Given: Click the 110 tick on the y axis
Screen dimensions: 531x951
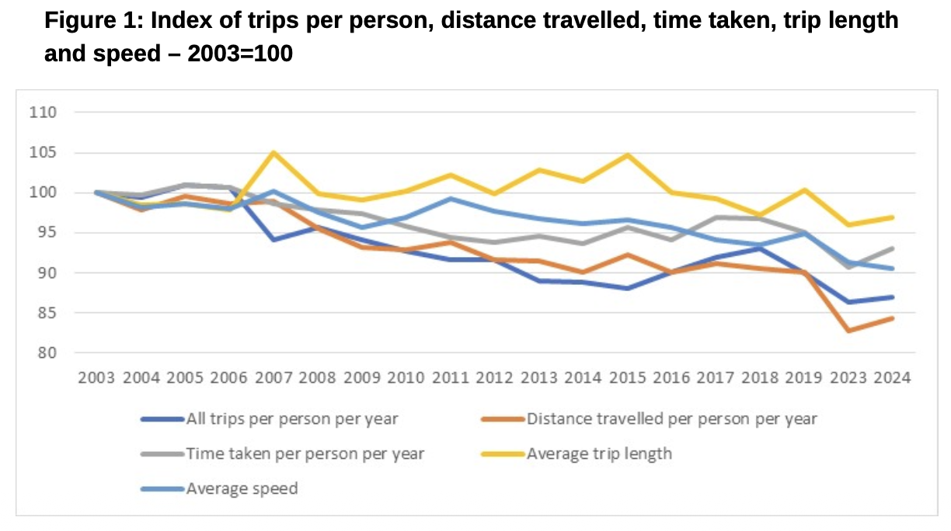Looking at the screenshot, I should click(44, 113).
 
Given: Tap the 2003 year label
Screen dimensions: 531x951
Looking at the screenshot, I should click(96, 378).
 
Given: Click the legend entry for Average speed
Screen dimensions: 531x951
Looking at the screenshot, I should click(242, 489).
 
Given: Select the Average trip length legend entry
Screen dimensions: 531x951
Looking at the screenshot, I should click(599, 454).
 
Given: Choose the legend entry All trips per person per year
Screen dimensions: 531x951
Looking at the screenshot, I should click(292, 419).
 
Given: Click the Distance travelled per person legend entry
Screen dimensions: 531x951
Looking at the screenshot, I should click(671, 419).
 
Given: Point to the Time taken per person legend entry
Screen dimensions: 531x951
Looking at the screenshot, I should click(305, 454).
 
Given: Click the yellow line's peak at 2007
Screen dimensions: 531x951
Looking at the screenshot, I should click(273, 152).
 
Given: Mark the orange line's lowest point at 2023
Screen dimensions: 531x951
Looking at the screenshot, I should click(848, 331).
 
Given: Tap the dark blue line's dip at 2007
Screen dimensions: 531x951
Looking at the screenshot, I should click(273, 240).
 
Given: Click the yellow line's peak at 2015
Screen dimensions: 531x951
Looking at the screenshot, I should click(627, 154).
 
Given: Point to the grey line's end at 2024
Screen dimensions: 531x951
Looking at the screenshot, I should click(892, 248).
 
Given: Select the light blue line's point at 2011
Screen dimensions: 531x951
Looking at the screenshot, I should click(450, 199).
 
